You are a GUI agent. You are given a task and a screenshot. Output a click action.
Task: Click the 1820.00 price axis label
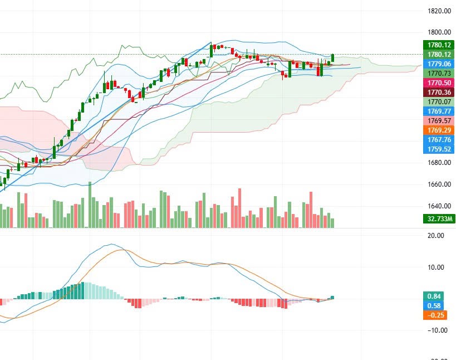click(439, 11)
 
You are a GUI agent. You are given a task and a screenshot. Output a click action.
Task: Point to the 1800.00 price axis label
click(439, 32)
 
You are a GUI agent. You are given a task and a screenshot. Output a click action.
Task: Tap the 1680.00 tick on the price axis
click(439, 162)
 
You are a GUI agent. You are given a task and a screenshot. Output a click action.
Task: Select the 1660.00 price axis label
click(439, 184)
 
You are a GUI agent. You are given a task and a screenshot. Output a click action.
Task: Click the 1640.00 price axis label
click(439, 206)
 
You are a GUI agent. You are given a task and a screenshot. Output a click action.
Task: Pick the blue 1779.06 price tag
click(439, 64)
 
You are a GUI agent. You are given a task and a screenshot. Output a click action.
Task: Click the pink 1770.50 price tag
click(439, 82)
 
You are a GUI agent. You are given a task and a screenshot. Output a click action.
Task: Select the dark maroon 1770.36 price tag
click(439, 93)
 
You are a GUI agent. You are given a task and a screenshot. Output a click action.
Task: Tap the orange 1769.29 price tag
click(439, 130)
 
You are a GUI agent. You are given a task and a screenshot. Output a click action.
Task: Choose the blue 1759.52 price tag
click(439, 149)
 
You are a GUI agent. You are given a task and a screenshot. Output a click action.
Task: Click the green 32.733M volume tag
click(439, 219)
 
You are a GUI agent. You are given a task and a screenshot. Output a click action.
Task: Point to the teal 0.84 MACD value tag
click(434, 296)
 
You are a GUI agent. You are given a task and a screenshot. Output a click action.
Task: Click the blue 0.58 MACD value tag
click(434, 305)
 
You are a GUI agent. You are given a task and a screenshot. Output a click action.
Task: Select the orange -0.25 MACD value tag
click(435, 315)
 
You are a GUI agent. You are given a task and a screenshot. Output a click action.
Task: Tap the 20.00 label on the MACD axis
click(436, 235)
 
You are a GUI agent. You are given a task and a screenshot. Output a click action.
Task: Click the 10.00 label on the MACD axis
click(436, 267)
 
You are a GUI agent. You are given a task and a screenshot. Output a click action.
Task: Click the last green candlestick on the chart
click(332, 58)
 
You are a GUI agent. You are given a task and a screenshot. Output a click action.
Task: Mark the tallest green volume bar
click(90, 205)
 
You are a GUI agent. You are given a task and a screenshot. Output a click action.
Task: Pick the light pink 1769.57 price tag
click(439, 120)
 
